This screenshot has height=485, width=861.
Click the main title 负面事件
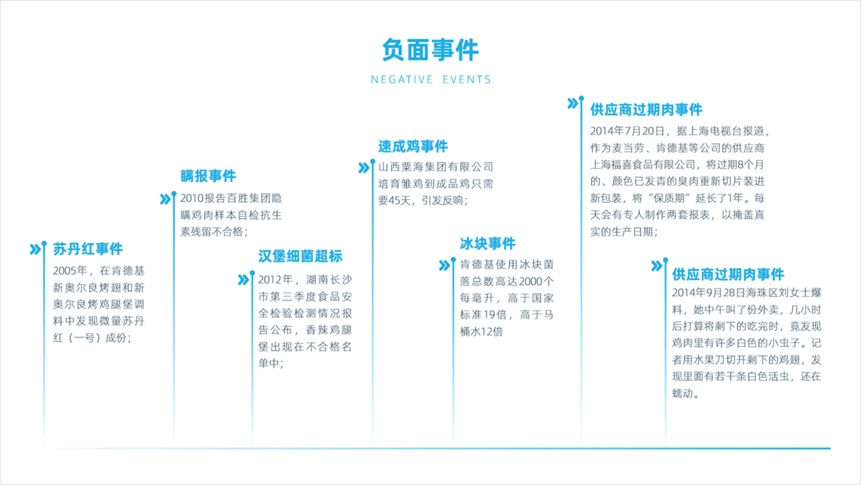point(430,50)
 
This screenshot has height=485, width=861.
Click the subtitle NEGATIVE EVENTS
point(431,80)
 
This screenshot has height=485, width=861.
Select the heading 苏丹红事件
point(88,249)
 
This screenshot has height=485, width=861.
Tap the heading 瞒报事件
point(208,176)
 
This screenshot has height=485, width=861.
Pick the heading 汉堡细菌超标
point(300,256)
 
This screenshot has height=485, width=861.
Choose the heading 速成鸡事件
point(413,147)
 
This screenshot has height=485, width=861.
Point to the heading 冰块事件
point(487,243)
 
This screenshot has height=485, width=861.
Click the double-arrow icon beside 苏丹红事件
point(35,249)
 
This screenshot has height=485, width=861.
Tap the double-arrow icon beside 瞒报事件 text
point(165,199)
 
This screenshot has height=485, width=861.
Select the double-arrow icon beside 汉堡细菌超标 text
point(243,279)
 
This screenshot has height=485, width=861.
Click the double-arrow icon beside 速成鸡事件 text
point(364,167)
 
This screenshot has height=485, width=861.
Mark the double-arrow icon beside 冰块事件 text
point(444,265)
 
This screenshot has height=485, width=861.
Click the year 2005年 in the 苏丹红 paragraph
point(70,271)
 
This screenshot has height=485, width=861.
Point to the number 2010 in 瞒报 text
point(192,199)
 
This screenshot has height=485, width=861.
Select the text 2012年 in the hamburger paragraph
point(276,279)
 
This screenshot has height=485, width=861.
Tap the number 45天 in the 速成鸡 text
point(400,201)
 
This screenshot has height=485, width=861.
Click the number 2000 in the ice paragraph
point(530,281)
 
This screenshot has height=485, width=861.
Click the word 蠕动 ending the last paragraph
point(683,393)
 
